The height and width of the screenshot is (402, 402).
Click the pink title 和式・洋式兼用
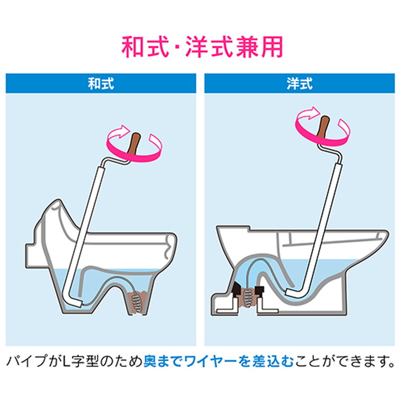(x=202, y=47)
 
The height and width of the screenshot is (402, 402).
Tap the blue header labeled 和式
(x=101, y=83)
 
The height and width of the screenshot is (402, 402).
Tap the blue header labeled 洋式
(x=300, y=83)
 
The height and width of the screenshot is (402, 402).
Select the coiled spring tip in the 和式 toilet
(x=137, y=303)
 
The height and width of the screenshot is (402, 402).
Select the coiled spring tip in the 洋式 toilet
(x=248, y=297)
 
